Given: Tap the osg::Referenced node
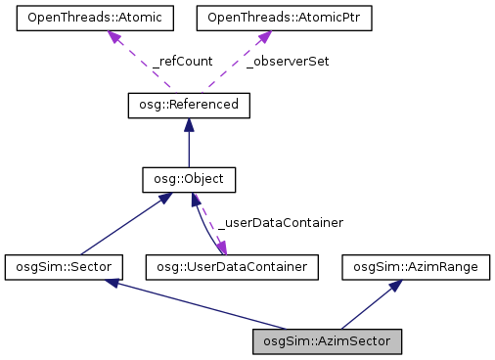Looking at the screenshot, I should (x=189, y=103).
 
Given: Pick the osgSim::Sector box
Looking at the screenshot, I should (x=64, y=265).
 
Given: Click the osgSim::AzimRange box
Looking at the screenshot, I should (x=406, y=265).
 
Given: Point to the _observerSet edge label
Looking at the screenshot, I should (x=288, y=61).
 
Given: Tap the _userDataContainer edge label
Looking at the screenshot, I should (x=280, y=223).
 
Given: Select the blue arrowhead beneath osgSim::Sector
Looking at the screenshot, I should (x=114, y=283).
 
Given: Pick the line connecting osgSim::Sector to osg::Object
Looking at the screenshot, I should (x=122, y=224).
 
